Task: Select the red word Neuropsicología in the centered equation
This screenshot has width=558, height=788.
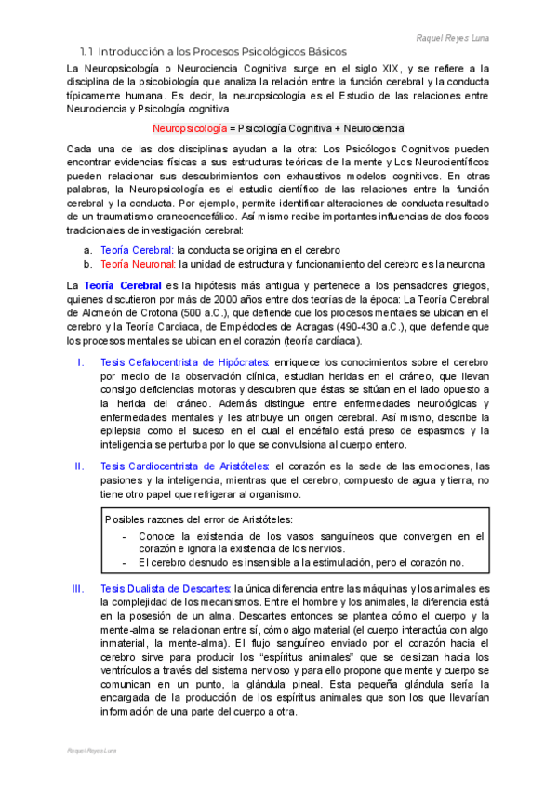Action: click(x=192, y=127)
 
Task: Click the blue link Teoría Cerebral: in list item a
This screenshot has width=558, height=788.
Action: click(x=136, y=250)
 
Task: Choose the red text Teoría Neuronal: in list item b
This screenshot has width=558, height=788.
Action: click(x=137, y=265)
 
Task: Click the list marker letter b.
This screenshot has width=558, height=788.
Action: click(x=87, y=265)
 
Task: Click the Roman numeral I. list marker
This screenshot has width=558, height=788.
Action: click(x=81, y=361)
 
